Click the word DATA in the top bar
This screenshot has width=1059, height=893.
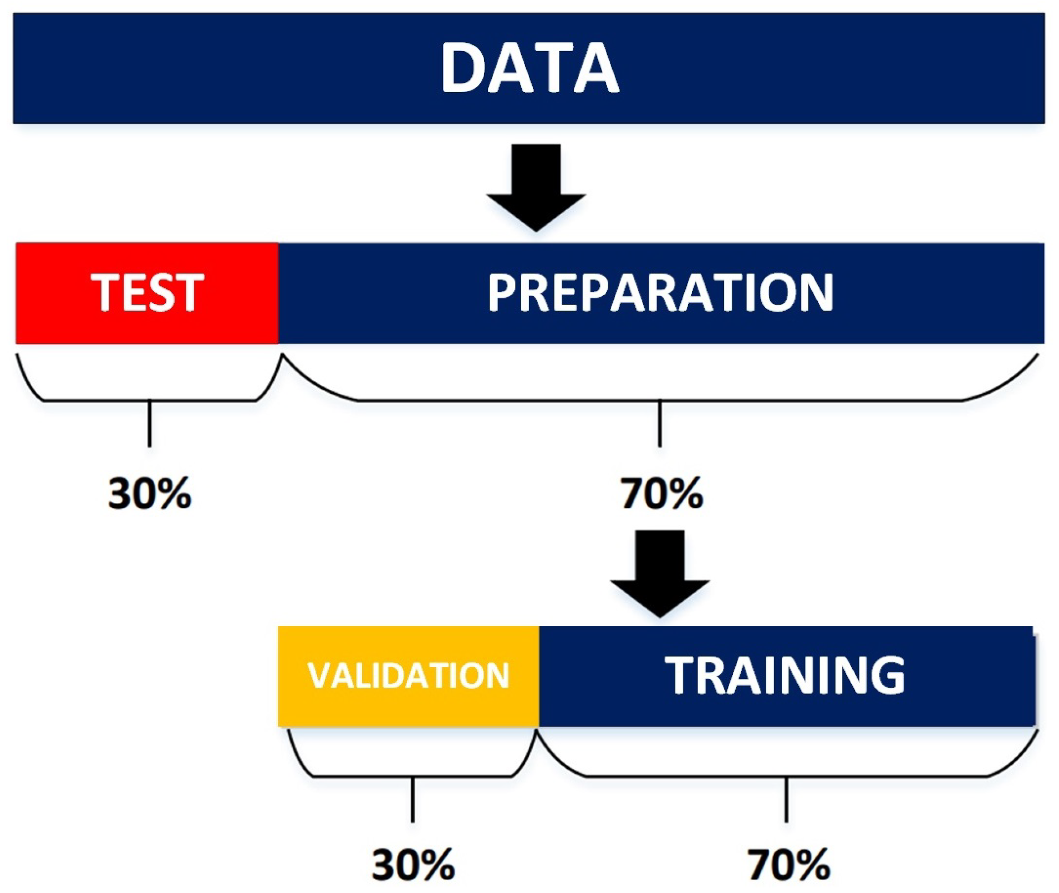pos(529,68)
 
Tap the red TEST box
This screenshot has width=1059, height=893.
pos(147,293)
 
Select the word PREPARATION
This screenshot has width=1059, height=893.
pos(660,292)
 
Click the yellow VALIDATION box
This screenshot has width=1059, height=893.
pos(408,676)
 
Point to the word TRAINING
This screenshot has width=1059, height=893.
pos(785,675)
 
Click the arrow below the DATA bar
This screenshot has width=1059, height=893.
pos(536,187)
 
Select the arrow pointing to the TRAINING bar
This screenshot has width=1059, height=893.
pos(660,574)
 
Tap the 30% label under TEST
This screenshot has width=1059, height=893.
pos(150,493)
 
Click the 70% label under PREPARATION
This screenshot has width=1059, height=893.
pos(661,493)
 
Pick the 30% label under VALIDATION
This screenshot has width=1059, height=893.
pos(413,864)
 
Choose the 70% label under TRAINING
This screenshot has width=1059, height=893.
pos(789,864)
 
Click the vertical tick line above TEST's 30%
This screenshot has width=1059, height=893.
pos(150,423)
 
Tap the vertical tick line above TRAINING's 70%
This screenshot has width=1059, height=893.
pos(786,799)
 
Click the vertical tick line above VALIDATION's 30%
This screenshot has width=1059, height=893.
pos(413,799)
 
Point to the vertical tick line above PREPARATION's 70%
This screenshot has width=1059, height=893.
pos(660,423)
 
